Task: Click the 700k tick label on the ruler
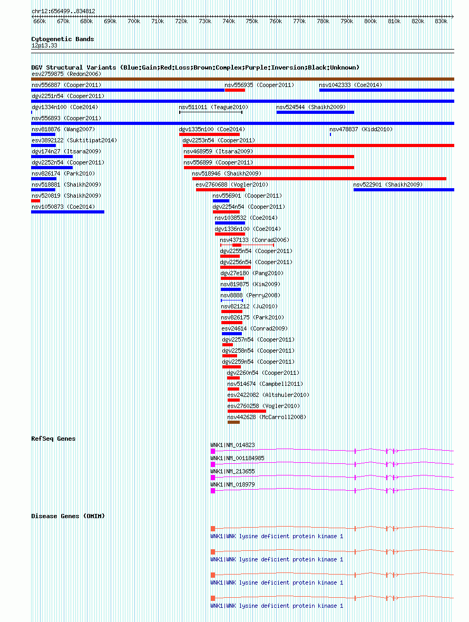tap(134, 22)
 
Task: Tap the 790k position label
tap(347, 22)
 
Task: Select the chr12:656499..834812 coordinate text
tap(63, 11)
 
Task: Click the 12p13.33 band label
tap(44, 46)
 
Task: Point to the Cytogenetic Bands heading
tap(63, 39)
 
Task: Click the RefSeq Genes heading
tap(54, 439)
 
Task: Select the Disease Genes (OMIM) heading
tap(68, 516)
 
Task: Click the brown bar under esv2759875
tap(242, 80)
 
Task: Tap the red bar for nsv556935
tap(234, 91)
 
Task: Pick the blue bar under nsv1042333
tap(387, 91)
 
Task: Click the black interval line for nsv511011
tap(210, 112)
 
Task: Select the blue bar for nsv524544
tap(315, 113)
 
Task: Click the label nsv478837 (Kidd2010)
tap(361, 129)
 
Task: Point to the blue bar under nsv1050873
tap(68, 212)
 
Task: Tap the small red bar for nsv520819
tap(36, 201)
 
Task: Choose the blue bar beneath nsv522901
tap(404, 190)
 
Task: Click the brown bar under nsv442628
tap(233, 422)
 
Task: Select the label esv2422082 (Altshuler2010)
tap(268, 395)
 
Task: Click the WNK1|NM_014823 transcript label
tap(233, 445)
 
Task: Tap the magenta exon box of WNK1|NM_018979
tap(213, 491)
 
